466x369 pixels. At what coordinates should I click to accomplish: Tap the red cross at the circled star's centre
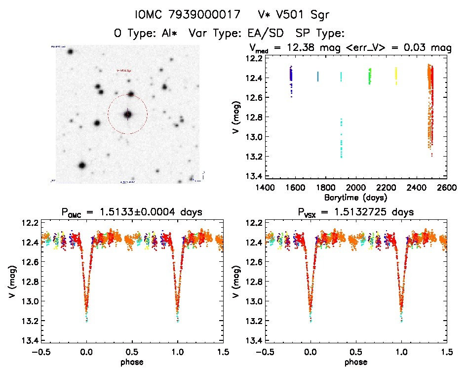point(127,114)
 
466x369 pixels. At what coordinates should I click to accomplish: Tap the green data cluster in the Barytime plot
point(370,76)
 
